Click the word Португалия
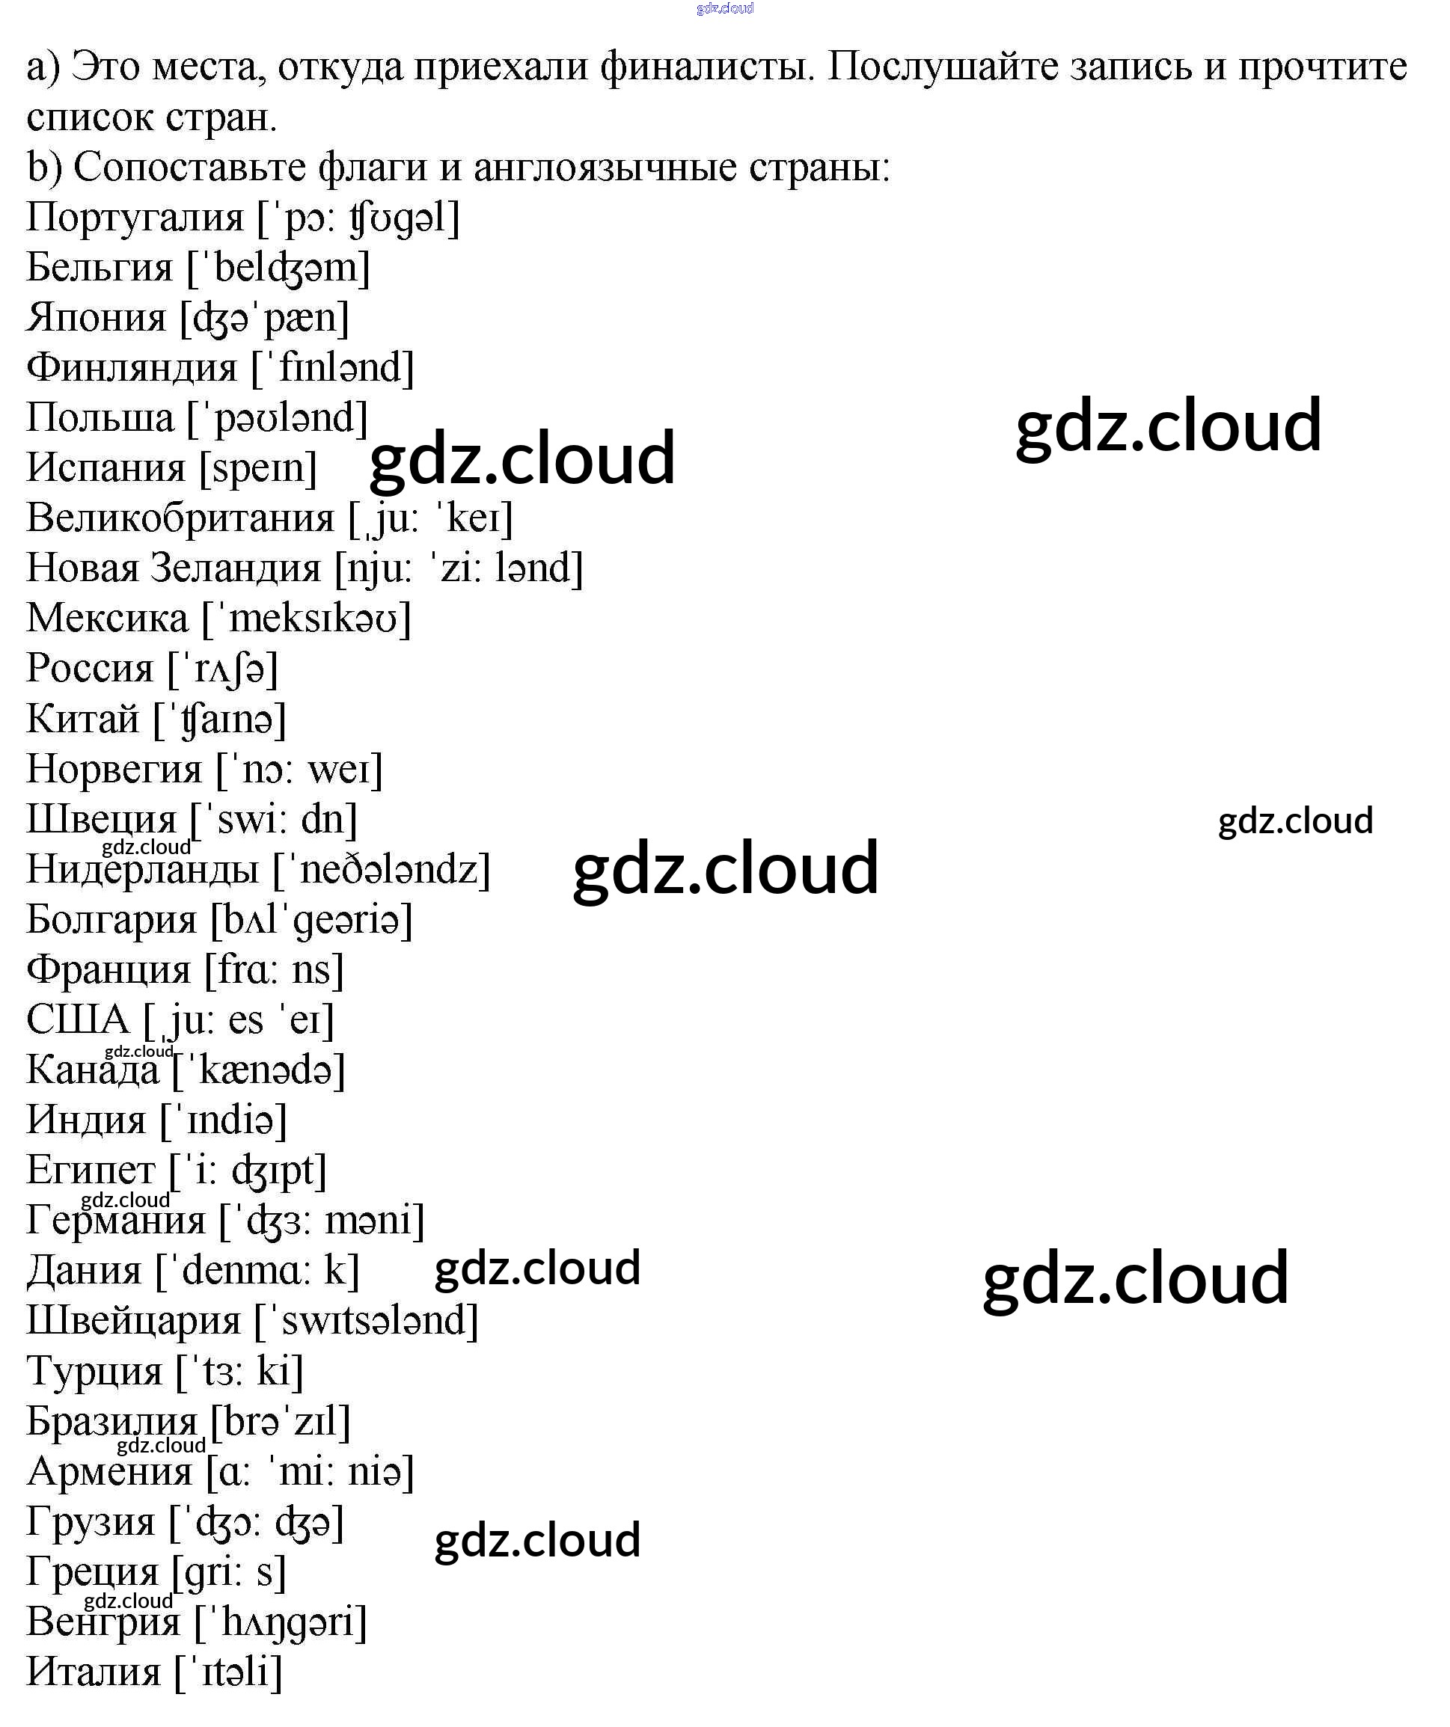pos(135,218)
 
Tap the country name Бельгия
pos(100,268)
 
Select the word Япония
pos(97,319)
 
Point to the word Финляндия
pos(132,369)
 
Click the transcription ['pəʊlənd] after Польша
pos(277,419)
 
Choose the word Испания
pos(106,468)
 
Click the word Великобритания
pos(180,519)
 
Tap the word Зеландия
pos(235,568)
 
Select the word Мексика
pos(107,619)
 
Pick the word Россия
pos(90,669)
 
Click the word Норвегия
pos(114,770)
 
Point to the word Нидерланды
pos(142,870)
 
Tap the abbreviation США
pos(78,1021)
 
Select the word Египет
pos(91,1171)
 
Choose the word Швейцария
pos(133,1322)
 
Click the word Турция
pos(94,1372)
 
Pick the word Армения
pos(109,1472)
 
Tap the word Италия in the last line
pos(93,1672)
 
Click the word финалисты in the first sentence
pos(706,67)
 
